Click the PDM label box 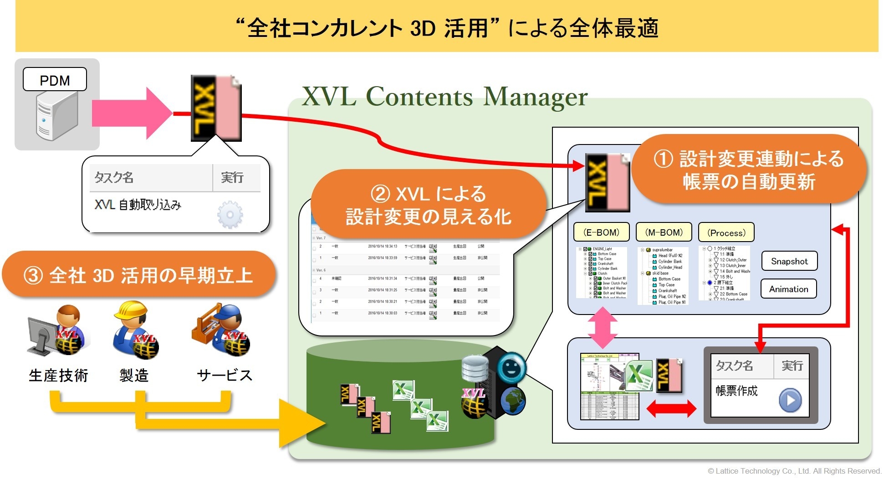[55, 80]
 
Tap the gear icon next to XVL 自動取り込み [230, 214]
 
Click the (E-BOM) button [601, 232]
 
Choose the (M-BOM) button [664, 232]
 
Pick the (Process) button [726, 232]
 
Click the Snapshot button [789, 261]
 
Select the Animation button [788, 289]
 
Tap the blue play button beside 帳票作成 [790, 400]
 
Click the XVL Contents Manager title [444, 97]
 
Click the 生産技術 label [58, 375]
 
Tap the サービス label [224, 375]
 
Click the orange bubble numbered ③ [138, 275]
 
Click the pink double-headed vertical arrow [603, 327]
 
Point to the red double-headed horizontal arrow [671, 409]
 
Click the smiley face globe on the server [511, 367]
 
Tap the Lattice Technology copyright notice [794, 471]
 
